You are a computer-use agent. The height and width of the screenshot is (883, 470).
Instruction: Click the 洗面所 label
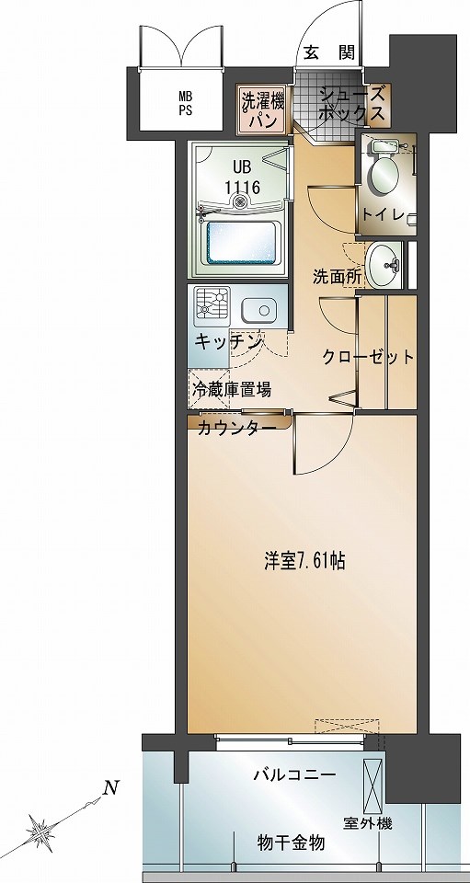335,275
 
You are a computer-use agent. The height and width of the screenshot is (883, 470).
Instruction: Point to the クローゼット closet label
368,358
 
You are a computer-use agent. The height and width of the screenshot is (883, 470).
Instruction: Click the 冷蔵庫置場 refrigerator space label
231,389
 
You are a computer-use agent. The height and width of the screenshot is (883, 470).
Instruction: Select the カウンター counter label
236,429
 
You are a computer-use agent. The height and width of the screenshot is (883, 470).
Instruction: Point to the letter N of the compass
110,787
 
